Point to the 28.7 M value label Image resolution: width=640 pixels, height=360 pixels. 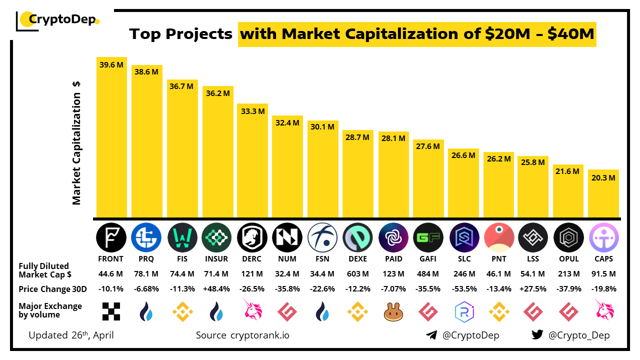point(357,137)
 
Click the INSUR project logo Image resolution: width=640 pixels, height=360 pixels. point(216,237)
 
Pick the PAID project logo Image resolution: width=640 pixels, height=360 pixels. point(393,237)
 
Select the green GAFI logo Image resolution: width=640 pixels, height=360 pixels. point(428,237)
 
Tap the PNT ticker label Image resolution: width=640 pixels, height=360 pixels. point(498,259)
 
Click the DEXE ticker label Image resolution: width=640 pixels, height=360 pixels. point(357,259)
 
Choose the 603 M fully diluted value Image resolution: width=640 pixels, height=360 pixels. point(357,274)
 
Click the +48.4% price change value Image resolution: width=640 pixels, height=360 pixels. point(216,289)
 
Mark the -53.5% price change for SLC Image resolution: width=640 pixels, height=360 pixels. point(463,289)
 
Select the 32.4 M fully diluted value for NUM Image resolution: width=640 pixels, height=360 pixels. point(287,274)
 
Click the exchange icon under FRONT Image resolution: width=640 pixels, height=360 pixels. point(111,311)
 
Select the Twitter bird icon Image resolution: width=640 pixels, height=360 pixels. point(537,335)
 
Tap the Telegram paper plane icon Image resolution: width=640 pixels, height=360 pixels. point(431,335)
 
